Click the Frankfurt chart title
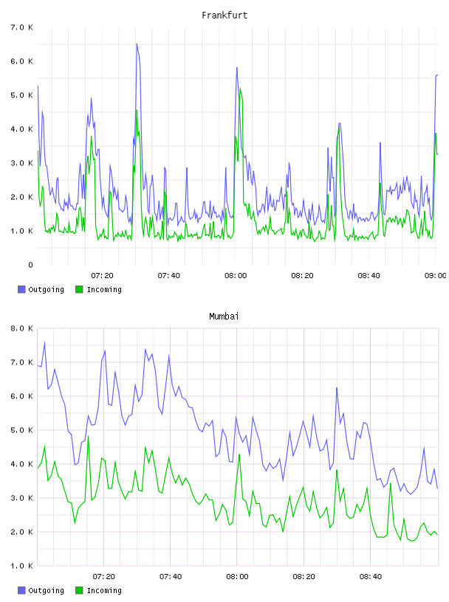point(224,15)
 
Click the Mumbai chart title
point(224,316)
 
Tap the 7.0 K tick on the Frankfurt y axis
point(21,27)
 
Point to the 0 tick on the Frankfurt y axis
point(30,265)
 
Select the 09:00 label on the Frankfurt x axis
point(435,276)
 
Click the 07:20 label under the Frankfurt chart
point(102,276)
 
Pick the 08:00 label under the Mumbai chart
point(237,577)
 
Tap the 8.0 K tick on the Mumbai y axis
point(21,328)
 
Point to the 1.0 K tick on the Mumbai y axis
point(21,566)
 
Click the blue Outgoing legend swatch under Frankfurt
point(21,289)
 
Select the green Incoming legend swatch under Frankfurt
point(79,289)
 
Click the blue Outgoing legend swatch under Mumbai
point(21,590)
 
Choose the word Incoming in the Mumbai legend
point(104,591)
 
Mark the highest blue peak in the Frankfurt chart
point(137,44)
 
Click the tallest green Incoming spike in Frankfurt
point(240,89)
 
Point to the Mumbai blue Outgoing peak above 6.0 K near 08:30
point(337,388)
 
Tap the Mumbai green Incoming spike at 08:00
point(239,454)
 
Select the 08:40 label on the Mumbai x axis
point(371,577)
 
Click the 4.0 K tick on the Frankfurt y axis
point(21,129)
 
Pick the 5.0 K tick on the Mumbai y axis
point(21,430)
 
